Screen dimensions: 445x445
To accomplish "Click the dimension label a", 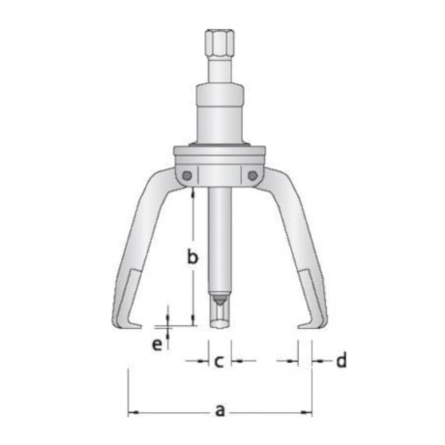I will [x=221, y=409].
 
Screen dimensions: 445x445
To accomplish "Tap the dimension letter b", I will [x=193, y=256].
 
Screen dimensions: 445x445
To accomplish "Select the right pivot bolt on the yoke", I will [x=254, y=174].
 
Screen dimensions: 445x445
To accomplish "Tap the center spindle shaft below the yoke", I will [x=220, y=242].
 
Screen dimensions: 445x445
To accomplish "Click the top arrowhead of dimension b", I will [x=193, y=193].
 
